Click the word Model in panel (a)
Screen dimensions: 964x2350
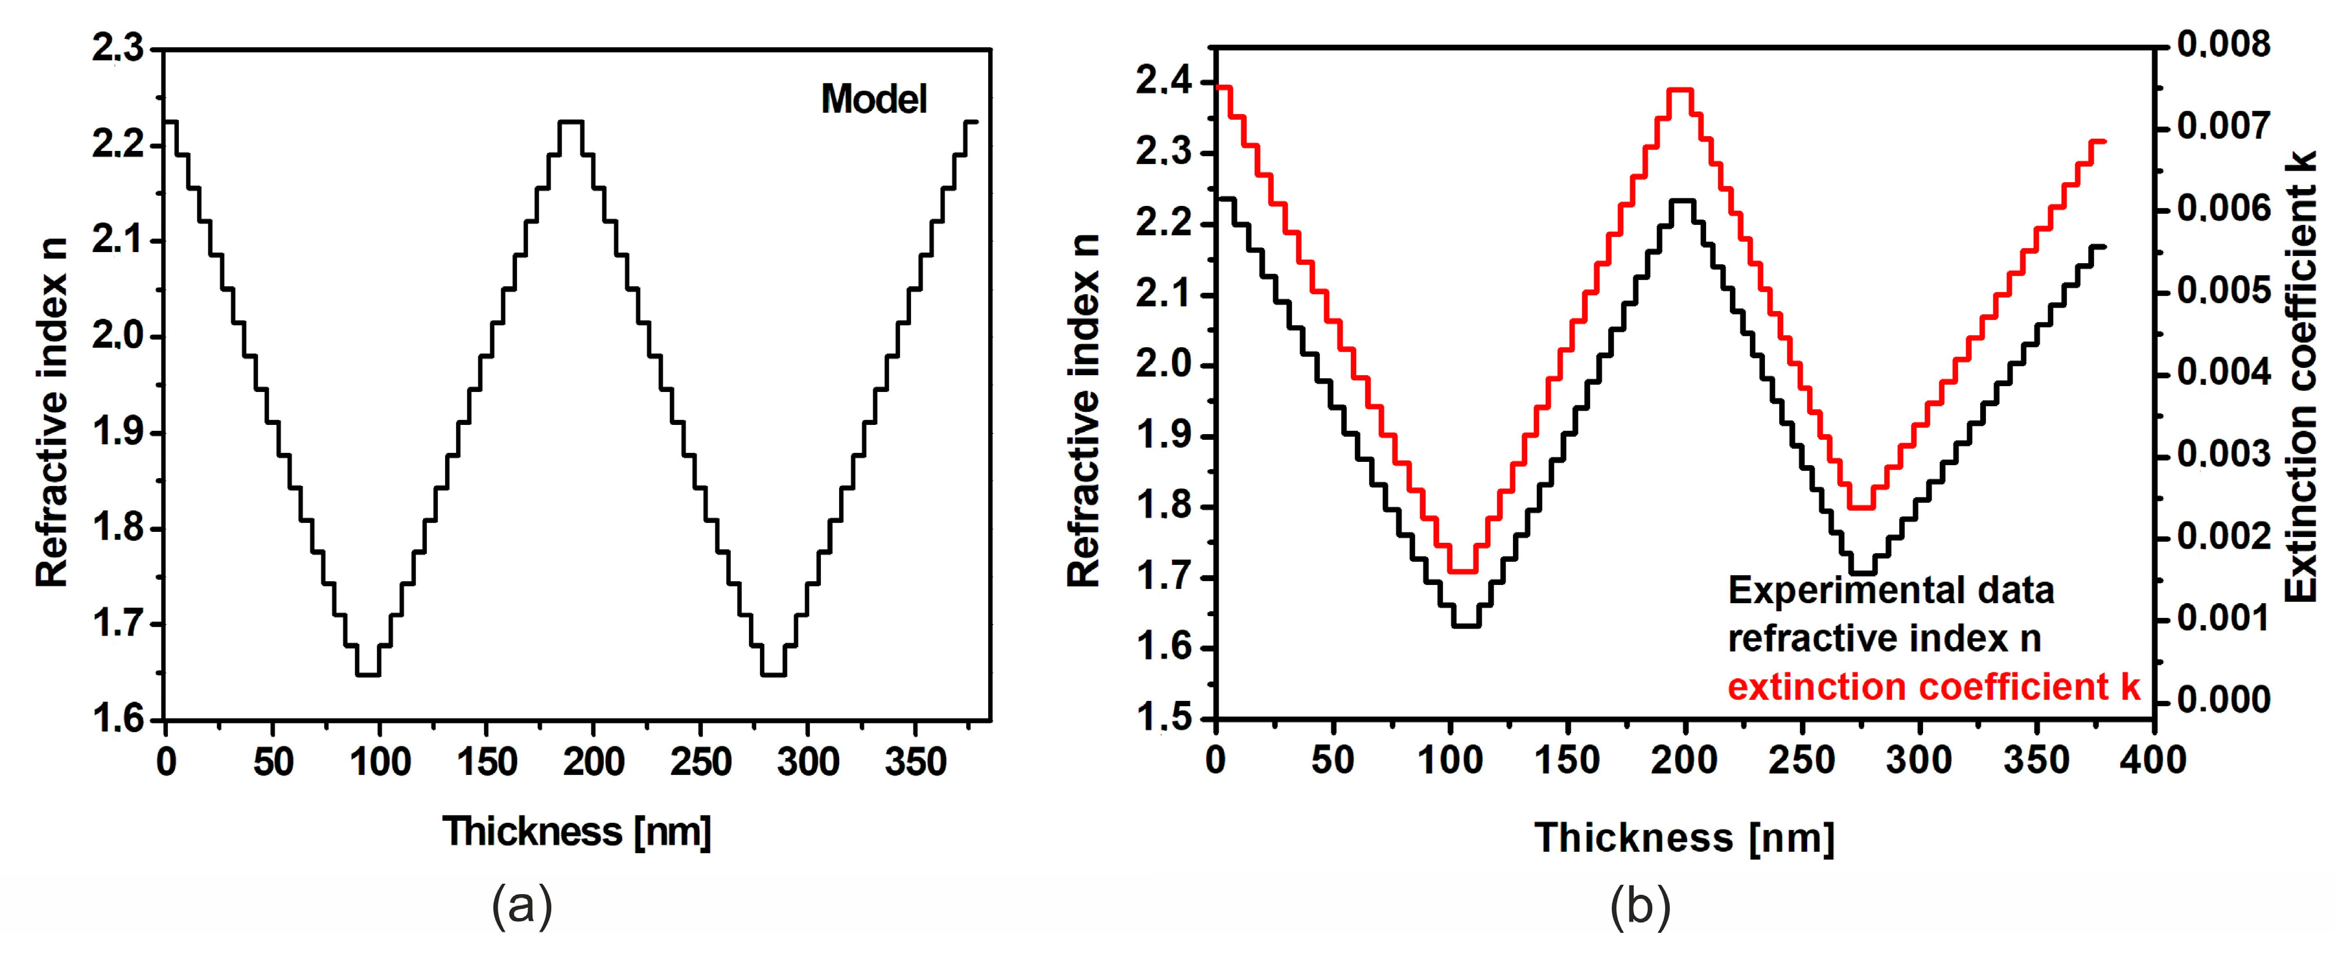point(873,99)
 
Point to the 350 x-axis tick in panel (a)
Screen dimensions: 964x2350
point(915,761)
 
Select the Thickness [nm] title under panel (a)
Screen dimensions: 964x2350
point(577,831)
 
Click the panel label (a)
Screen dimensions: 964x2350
point(522,908)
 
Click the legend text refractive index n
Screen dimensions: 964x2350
point(1884,638)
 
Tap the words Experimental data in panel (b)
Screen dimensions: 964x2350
point(1890,590)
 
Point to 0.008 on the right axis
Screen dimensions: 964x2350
point(2223,44)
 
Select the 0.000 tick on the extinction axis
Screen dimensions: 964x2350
point(2223,700)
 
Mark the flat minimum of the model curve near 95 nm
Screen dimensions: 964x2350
point(367,675)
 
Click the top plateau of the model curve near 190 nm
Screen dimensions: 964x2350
point(571,121)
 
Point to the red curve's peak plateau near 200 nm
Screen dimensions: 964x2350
point(1679,89)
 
